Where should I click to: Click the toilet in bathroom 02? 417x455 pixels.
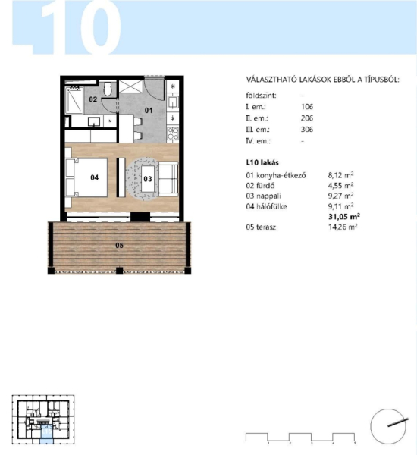(108, 89)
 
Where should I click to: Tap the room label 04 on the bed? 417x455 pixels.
(94, 177)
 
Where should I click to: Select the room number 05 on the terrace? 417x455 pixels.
(119, 246)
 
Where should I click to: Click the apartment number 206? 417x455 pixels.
(307, 118)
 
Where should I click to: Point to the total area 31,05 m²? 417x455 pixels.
(344, 217)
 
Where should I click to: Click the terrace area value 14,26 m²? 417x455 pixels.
(343, 227)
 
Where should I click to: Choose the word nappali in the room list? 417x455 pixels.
(268, 196)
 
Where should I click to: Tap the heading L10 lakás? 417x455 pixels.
(262, 162)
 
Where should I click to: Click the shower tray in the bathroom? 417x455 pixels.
(74, 100)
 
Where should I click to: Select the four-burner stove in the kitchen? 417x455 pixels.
(172, 133)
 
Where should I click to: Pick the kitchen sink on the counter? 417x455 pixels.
(173, 102)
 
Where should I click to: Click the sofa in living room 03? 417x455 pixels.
(168, 179)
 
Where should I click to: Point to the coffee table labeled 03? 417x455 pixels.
(149, 179)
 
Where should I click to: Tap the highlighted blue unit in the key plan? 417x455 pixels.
(46, 434)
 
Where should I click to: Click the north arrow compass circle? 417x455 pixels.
(388, 426)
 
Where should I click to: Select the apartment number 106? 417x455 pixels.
(307, 107)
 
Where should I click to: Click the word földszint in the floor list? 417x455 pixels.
(261, 96)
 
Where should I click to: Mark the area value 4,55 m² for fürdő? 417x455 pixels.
(340, 186)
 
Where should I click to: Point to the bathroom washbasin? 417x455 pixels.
(94, 121)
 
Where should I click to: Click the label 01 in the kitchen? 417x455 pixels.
(149, 110)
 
